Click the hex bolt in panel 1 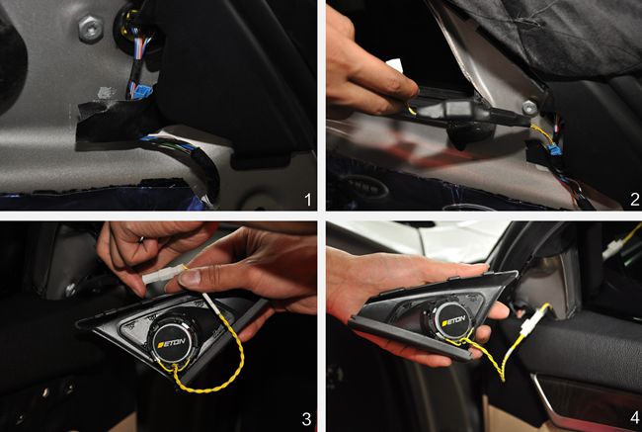tap(91, 29)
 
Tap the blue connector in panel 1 tap(140, 90)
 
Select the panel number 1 tap(307, 200)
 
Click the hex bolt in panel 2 tap(529, 108)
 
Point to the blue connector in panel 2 tap(554, 149)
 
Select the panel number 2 tap(634, 200)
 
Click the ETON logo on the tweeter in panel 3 tap(172, 343)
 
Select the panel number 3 tap(306, 419)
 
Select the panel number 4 tap(635, 418)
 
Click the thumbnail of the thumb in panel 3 tap(190, 279)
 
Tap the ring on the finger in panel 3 tap(140, 239)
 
